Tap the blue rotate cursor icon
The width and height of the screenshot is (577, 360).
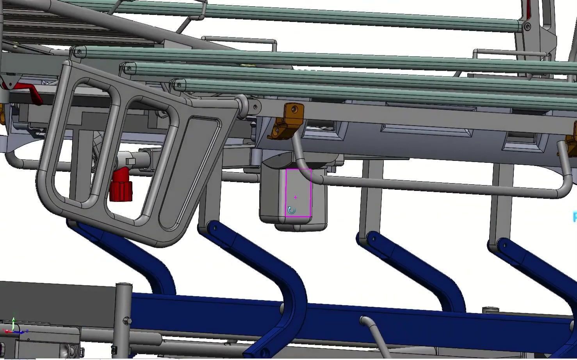(291, 211)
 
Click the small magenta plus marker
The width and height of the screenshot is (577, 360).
(296, 198)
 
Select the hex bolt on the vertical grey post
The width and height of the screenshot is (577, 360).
(127, 321)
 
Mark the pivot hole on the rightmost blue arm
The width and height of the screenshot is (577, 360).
(504, 246)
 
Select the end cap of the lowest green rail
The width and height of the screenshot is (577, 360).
(179, 85)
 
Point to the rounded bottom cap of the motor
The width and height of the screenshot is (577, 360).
(301, 226)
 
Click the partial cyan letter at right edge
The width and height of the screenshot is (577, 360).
(575, 217)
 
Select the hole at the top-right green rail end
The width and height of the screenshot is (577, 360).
(527, 27)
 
